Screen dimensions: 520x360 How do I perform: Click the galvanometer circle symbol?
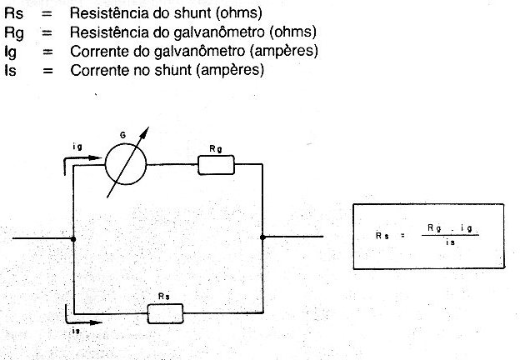point(106,164)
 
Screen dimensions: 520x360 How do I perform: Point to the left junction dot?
point(73,239)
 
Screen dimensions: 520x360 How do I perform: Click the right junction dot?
point(262,237)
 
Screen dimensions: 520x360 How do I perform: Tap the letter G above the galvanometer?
point(122,135)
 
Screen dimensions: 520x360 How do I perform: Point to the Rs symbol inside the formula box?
point(382,236)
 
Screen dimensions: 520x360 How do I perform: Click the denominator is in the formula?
point(450,242)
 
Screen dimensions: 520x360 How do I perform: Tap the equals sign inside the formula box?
point(402,236)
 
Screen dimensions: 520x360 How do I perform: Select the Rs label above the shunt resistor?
point(164,297)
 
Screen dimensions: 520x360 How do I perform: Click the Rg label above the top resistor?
point(216,149)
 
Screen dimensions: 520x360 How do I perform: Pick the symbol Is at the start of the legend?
point(10,70)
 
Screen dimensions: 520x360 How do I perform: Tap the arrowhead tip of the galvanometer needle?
point(148,127)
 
